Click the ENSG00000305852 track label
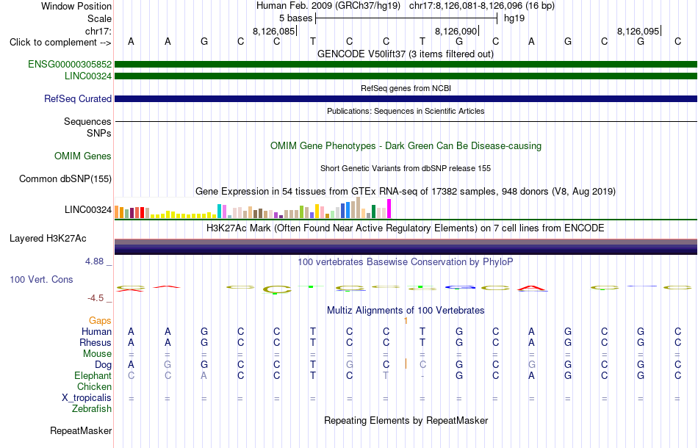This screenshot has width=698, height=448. pyautogui.click(x=70, y=65)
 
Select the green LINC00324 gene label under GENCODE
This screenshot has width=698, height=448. pyautogui.click(x=88, y=76)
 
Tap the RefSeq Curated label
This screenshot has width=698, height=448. pyautogui.click(x=78, y=98)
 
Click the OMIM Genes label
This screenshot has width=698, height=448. pyautogui.click(x=83, y=156)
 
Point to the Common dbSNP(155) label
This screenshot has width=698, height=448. pyautogui.click(x=65, y=179)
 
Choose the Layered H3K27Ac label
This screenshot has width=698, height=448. pyautogui.click(x=48, y=239)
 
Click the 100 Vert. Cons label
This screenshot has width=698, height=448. pyautogui.click(x=41, y=279)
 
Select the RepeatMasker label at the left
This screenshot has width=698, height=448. pyautogui.click(x=81, y=430)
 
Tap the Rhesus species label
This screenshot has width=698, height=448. pyautogui.click(x=96, y=342)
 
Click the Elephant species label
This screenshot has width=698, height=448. pyautogui.click(x=93, y=376)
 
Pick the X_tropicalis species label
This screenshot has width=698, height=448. pyautogui.click(x=87, y=398)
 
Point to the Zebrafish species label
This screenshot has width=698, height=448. pyautogui.click(x=92, y=409)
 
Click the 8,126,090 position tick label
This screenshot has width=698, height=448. pyautogui.click(x=456, y=31)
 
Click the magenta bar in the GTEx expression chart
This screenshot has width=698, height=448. pyautogui.click(x=389, y=209)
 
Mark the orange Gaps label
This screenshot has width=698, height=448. pyautogui.click(x=100, y=321)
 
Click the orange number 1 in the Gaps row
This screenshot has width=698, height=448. pyautogui.click(x=406, y=321)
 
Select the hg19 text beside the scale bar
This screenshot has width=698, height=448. pyautogui.click(x=514, y=18)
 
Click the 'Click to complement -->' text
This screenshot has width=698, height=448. pyautogui.click(x=60, y=43)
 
